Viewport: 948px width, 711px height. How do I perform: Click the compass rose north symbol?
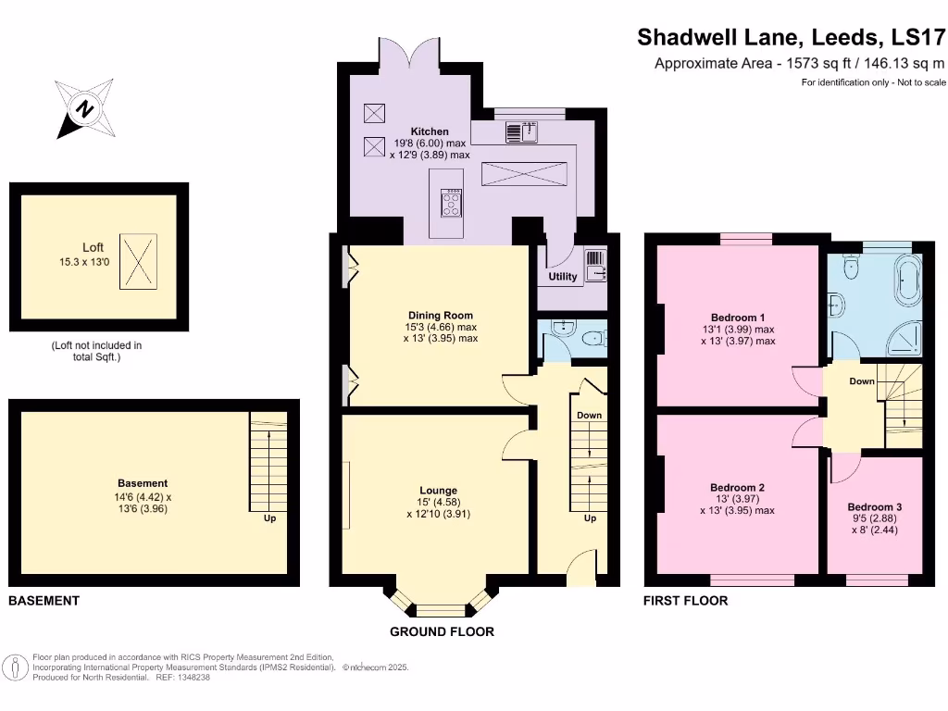(x=86, y=109)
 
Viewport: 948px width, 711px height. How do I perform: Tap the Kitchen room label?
(x=430, y=131)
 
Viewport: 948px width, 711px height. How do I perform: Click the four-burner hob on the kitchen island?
(x=453, y=203)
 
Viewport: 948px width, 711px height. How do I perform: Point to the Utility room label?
(x=562, y=276)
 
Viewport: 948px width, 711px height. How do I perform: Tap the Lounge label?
(x=439, y=491)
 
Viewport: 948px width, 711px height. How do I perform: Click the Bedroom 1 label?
(x=737, y=315)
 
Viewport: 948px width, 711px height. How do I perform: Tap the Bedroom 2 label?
(x=737, y=487)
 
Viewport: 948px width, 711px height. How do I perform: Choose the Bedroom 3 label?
(x=874, y=507)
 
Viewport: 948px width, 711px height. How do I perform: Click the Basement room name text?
(x=143, y=483)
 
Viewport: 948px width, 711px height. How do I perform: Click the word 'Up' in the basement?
(x=269, y=518)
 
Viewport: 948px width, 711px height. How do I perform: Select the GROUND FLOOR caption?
(x=442, y=631)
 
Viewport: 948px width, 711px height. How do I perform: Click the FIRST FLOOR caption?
(x=685, y=601)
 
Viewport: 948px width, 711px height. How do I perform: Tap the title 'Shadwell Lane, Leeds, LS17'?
(x=792, y=37)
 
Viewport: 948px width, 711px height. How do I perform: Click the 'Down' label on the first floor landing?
(x=862, y=381)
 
